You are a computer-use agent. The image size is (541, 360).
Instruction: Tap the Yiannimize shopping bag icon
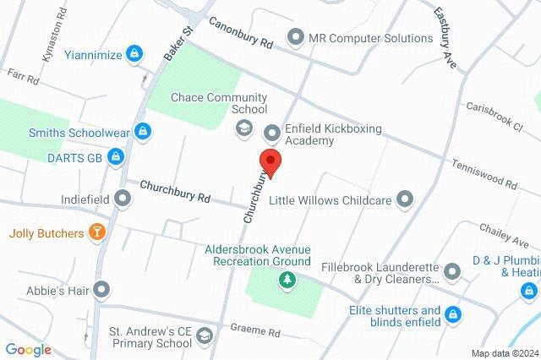click(x=133, y=54)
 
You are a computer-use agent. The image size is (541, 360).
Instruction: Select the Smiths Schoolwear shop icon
click(x=144, y=132)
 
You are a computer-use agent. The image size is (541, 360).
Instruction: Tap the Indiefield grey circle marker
click(x=123, y=199)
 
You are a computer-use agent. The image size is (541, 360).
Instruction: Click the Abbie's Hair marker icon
click(x=102, y=290)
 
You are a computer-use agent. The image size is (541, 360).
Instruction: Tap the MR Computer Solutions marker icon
click(x=295, y=37)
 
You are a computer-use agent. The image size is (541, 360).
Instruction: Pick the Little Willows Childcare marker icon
click(x=406, y=199)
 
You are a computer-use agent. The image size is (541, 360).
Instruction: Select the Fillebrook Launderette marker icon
click(x=452, y=271)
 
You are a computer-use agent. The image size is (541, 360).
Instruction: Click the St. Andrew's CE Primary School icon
click(x=204, y=336)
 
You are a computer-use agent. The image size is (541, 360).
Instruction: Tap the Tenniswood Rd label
click(x=484, y=172)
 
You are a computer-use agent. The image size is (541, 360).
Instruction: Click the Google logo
click(x=28, y=350)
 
